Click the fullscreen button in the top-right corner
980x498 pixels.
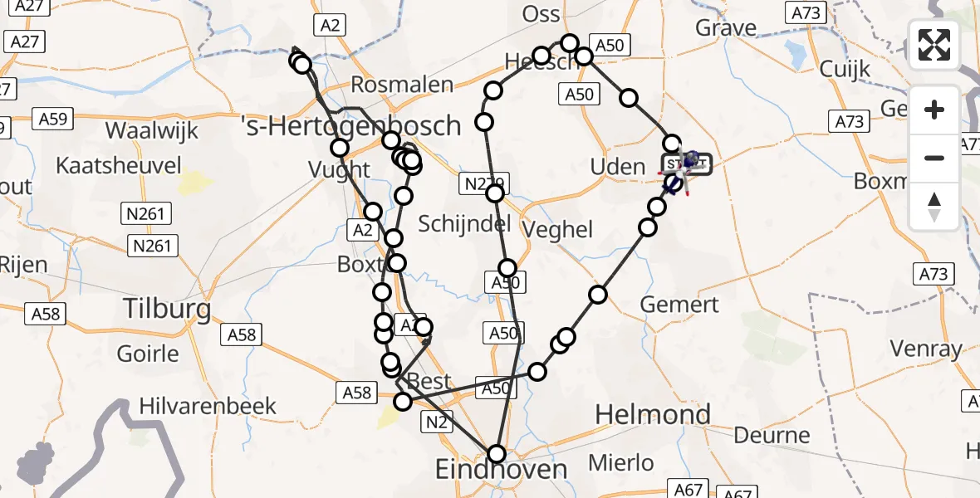pos(934,45)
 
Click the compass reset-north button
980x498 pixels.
pos(934,207)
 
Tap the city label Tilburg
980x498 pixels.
pos(166,309)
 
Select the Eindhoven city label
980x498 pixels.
pos(502,470)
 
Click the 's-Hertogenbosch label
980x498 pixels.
pos(350,125)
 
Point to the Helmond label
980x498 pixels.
pos(653,414)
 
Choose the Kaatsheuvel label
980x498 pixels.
pos(118,165)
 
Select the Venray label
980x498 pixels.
pos(925,349)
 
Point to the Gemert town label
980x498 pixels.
pos(679,305)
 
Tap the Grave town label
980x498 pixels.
pos(726,28)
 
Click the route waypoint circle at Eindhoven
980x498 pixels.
pos(496,454)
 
